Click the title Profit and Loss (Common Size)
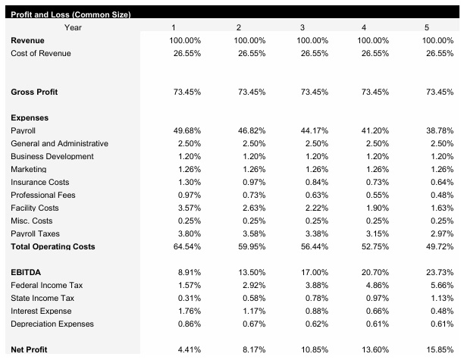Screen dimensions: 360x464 click(71, 15)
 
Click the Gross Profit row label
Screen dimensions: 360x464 click(34, 92)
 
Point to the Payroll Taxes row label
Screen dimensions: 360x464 click(35, 233)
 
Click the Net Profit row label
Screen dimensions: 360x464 click(29, 349)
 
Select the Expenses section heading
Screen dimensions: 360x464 click(30, 117)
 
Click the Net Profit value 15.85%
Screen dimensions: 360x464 click(440, 349)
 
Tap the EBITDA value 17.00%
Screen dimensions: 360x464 click(314, 272)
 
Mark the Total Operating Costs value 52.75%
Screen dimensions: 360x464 click(377, 246)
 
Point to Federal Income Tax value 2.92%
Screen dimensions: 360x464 click(252, 285)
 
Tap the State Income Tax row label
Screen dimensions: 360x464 click(42, 298)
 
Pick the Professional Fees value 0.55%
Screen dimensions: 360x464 click(379, 195)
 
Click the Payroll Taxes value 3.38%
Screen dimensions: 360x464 click(315, 233)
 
